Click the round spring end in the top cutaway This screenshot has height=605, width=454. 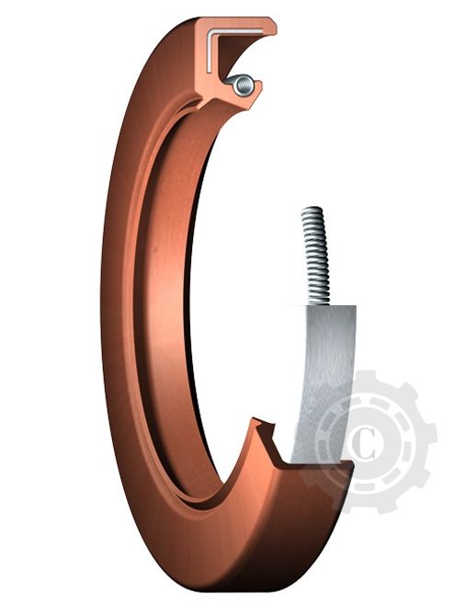[242, 86]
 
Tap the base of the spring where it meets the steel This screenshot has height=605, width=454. [317, 302]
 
